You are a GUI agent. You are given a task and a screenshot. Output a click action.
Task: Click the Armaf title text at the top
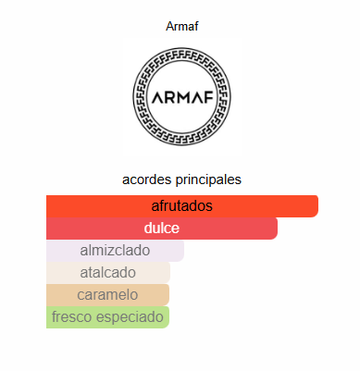click(181, 26)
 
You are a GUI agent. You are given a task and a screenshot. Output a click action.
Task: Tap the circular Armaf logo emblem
click(181, 97)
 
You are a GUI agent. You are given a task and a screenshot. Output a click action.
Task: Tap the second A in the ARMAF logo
click(197, 98)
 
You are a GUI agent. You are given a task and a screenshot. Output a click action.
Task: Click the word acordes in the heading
click(147, 179)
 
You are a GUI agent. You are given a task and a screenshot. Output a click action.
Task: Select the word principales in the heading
click(209, 179)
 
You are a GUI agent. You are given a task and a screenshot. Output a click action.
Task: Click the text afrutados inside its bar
click(182, 205)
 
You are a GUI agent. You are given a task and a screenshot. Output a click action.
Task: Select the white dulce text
click(162, 228)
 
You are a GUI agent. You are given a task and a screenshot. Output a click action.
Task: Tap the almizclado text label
click(115, 250)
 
